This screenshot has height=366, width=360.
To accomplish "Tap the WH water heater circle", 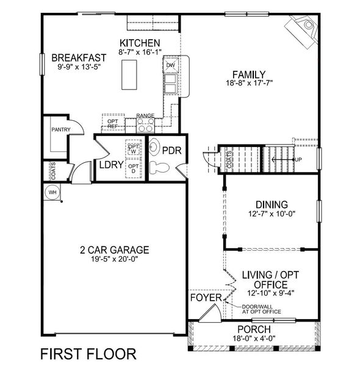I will pos(51,192).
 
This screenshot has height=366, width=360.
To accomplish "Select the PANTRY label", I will pos(61,129).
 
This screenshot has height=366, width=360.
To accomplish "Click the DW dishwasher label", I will pos(171,65).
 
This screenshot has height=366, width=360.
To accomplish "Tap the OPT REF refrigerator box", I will pos(113,123).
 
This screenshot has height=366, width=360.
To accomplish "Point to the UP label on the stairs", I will pos(298,160).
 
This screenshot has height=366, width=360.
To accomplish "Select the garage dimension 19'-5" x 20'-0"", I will pos(115,258).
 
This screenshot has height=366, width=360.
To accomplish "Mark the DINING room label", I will pos(272,204).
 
